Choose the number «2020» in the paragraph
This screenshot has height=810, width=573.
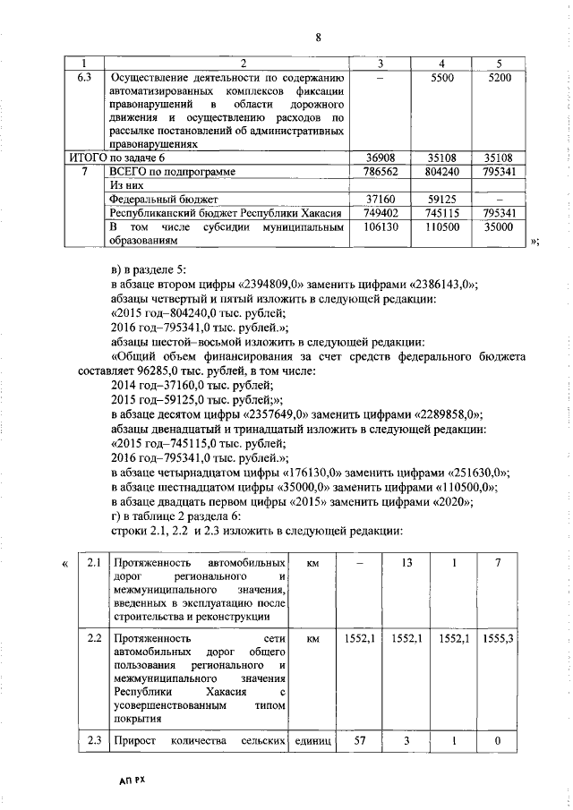click(453, 500)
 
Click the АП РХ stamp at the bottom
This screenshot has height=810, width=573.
click(130, 780)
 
